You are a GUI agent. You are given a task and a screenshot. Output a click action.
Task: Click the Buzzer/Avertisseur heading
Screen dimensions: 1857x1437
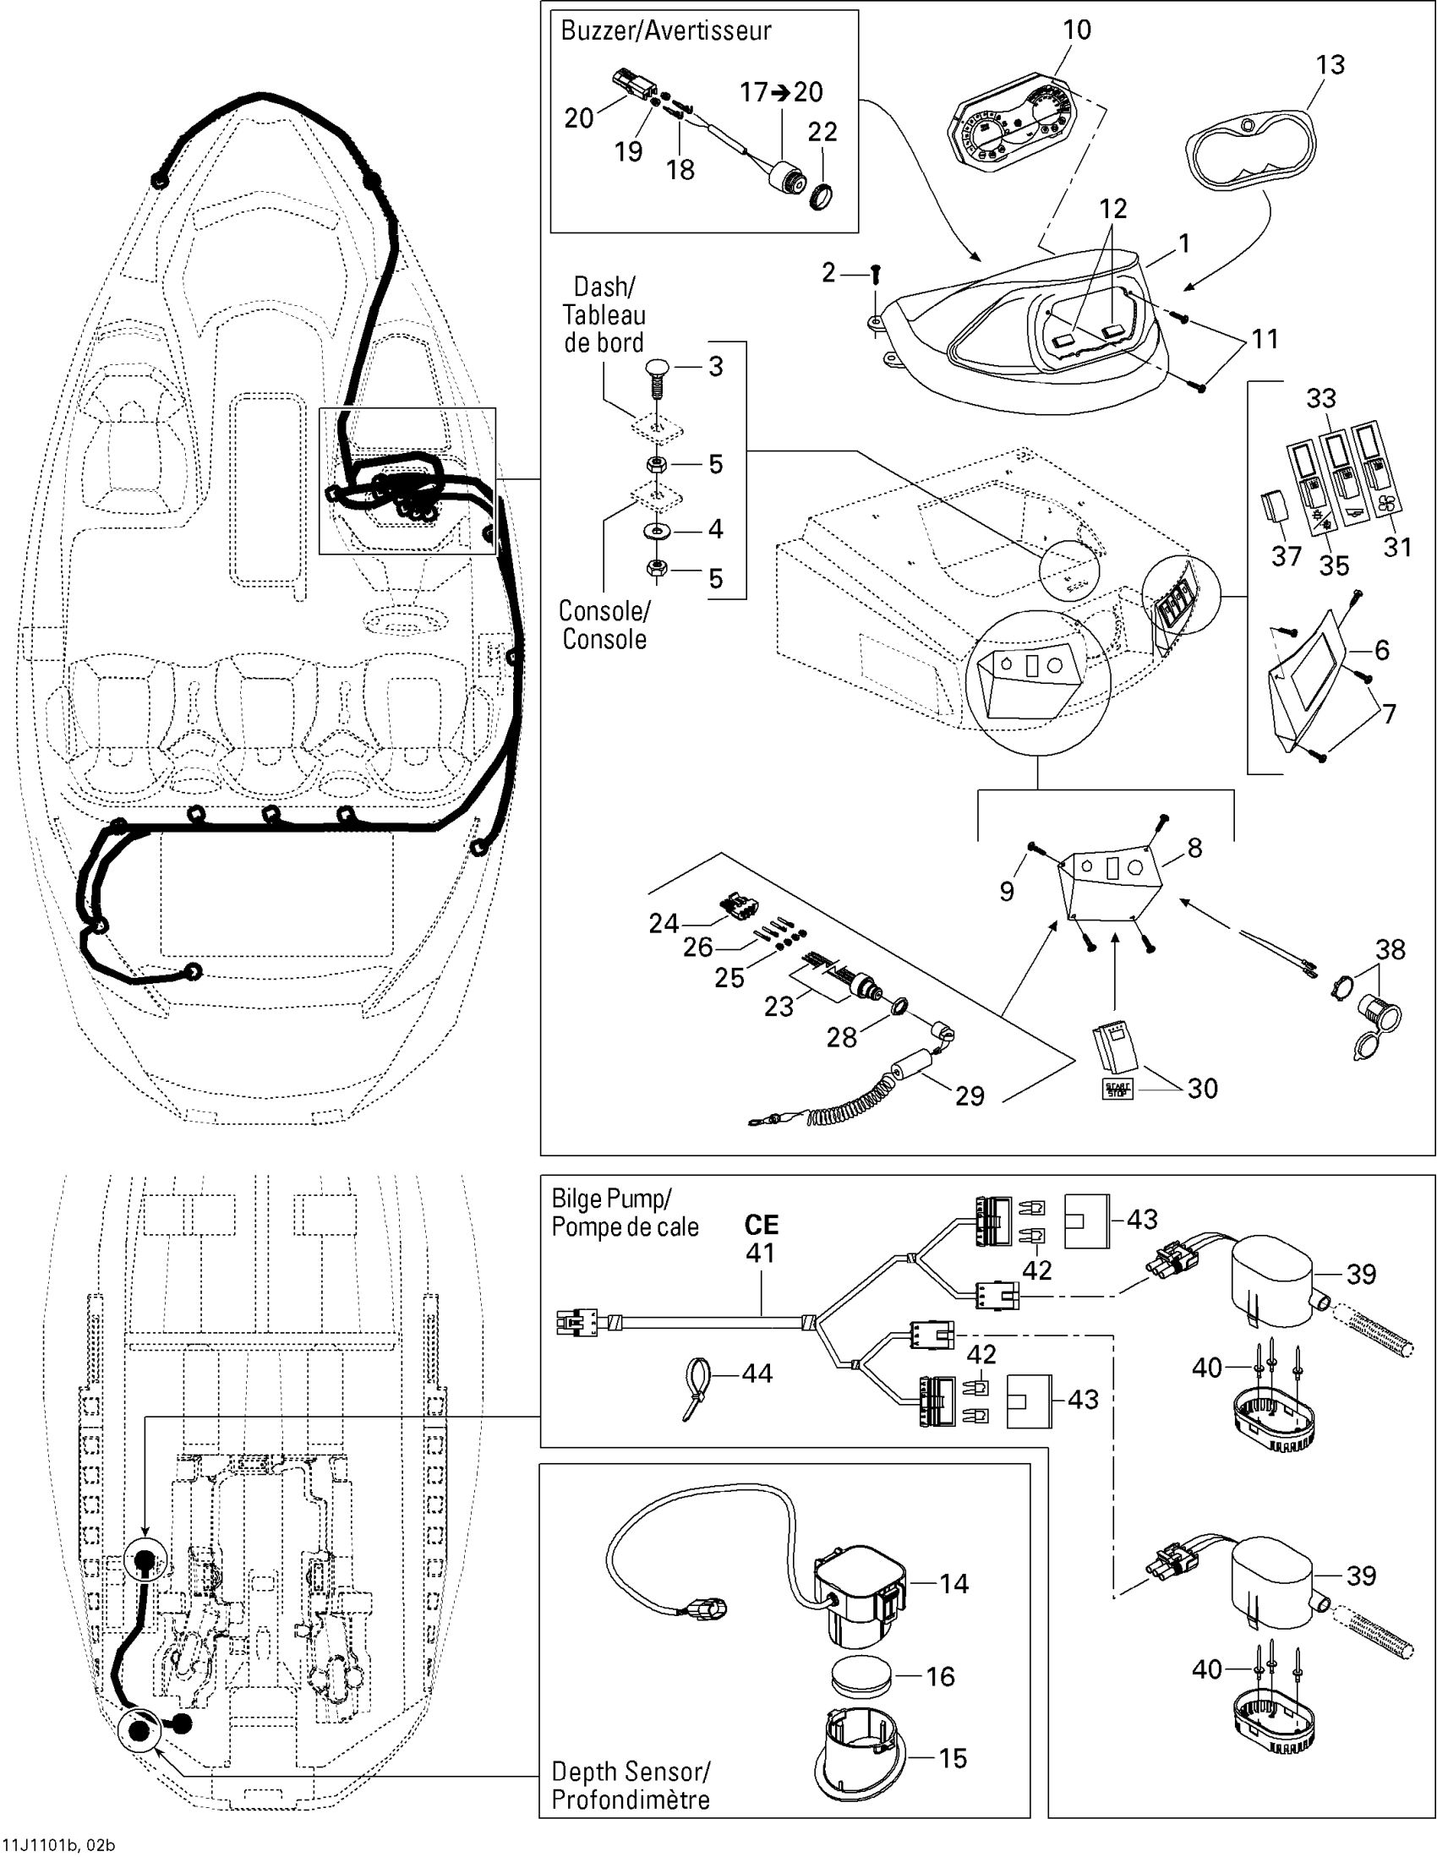click(666, 31)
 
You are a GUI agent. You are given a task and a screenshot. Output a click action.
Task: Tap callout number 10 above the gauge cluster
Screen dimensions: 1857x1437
click(1076, 30)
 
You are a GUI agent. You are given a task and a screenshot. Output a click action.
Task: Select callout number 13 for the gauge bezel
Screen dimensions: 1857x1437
click(1330, 65)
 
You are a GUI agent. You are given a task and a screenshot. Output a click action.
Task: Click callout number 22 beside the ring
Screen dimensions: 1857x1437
click(822, 132)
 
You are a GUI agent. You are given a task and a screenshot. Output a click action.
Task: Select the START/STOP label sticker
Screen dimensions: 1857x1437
click(1115, 1090)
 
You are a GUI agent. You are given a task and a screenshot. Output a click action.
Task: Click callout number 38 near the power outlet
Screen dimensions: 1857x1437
click(1391, 950)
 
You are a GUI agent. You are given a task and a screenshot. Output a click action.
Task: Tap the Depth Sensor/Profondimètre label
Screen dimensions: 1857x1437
click(630, 1787)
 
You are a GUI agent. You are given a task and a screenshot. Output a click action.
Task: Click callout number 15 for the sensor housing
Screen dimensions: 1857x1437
click(953, 1759)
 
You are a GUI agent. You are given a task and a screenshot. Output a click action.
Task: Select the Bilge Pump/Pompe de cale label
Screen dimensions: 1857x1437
click(625, 1212)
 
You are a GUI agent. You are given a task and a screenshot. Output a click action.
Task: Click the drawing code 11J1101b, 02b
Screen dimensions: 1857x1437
click(58, 1845)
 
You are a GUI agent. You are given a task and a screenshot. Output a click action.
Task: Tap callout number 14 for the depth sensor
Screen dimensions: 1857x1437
click(953, 1583)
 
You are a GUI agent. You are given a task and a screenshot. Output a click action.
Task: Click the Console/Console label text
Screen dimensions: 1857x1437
click(604, 625)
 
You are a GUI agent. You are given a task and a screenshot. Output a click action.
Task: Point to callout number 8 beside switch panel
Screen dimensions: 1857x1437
click(1194, 849)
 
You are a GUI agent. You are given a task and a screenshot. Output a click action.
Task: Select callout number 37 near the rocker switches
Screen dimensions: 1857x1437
click(1286, 556)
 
